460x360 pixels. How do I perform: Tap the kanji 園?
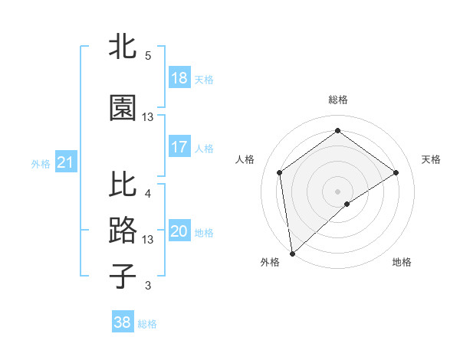click(123, 108)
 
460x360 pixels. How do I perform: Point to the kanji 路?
click(123, 231)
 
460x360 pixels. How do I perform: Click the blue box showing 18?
click(179, 78)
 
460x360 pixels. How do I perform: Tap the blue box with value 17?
click(179, 147)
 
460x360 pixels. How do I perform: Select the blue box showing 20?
click(179, 232)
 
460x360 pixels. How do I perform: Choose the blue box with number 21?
click(65, 162)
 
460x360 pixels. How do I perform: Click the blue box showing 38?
click(123, 322)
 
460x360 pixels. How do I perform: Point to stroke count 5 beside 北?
click(148, 55)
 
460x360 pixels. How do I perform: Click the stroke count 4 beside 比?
click(148, 193)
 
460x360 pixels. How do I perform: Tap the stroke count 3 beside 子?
click(148, 286)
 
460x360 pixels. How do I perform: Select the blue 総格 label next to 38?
click(147, 324)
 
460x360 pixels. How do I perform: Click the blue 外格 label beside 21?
click(41, 163)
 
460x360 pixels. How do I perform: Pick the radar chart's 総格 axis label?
click(338, 100)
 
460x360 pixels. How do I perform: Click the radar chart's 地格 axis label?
click(402, 262)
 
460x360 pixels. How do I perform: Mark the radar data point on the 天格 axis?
click(396, 172)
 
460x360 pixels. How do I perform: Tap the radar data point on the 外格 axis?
click(292, 253)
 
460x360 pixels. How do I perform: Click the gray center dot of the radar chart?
click(338, 190)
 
